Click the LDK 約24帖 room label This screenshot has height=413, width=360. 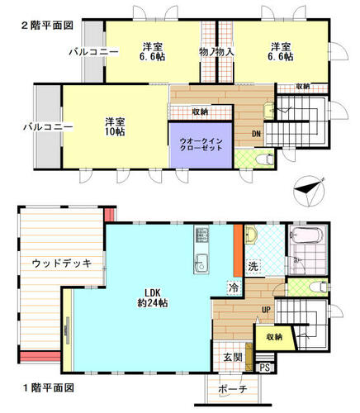pos(153,297)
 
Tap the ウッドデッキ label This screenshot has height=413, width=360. pos(62,263)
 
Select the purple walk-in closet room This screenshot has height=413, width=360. pos(201,145)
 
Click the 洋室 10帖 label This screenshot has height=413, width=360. pos(115,126)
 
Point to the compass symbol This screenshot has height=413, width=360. pos(310,191)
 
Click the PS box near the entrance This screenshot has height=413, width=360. pos(265,368)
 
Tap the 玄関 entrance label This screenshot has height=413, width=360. pos(233,357)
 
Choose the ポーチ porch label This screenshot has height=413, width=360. pos(233,389)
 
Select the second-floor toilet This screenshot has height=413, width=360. pos(264,159)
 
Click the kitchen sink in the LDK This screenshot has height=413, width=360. pos(201,263)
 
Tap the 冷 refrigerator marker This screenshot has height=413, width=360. pos(234,288)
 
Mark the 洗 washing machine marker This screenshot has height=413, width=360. pos(253,267)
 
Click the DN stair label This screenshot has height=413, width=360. pos(256,134)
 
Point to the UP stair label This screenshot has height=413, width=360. pos(266,310)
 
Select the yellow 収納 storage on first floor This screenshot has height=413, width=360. pos(275,337)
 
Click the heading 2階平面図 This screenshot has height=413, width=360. pos(47,26)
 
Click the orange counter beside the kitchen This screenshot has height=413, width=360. pos(238,250)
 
